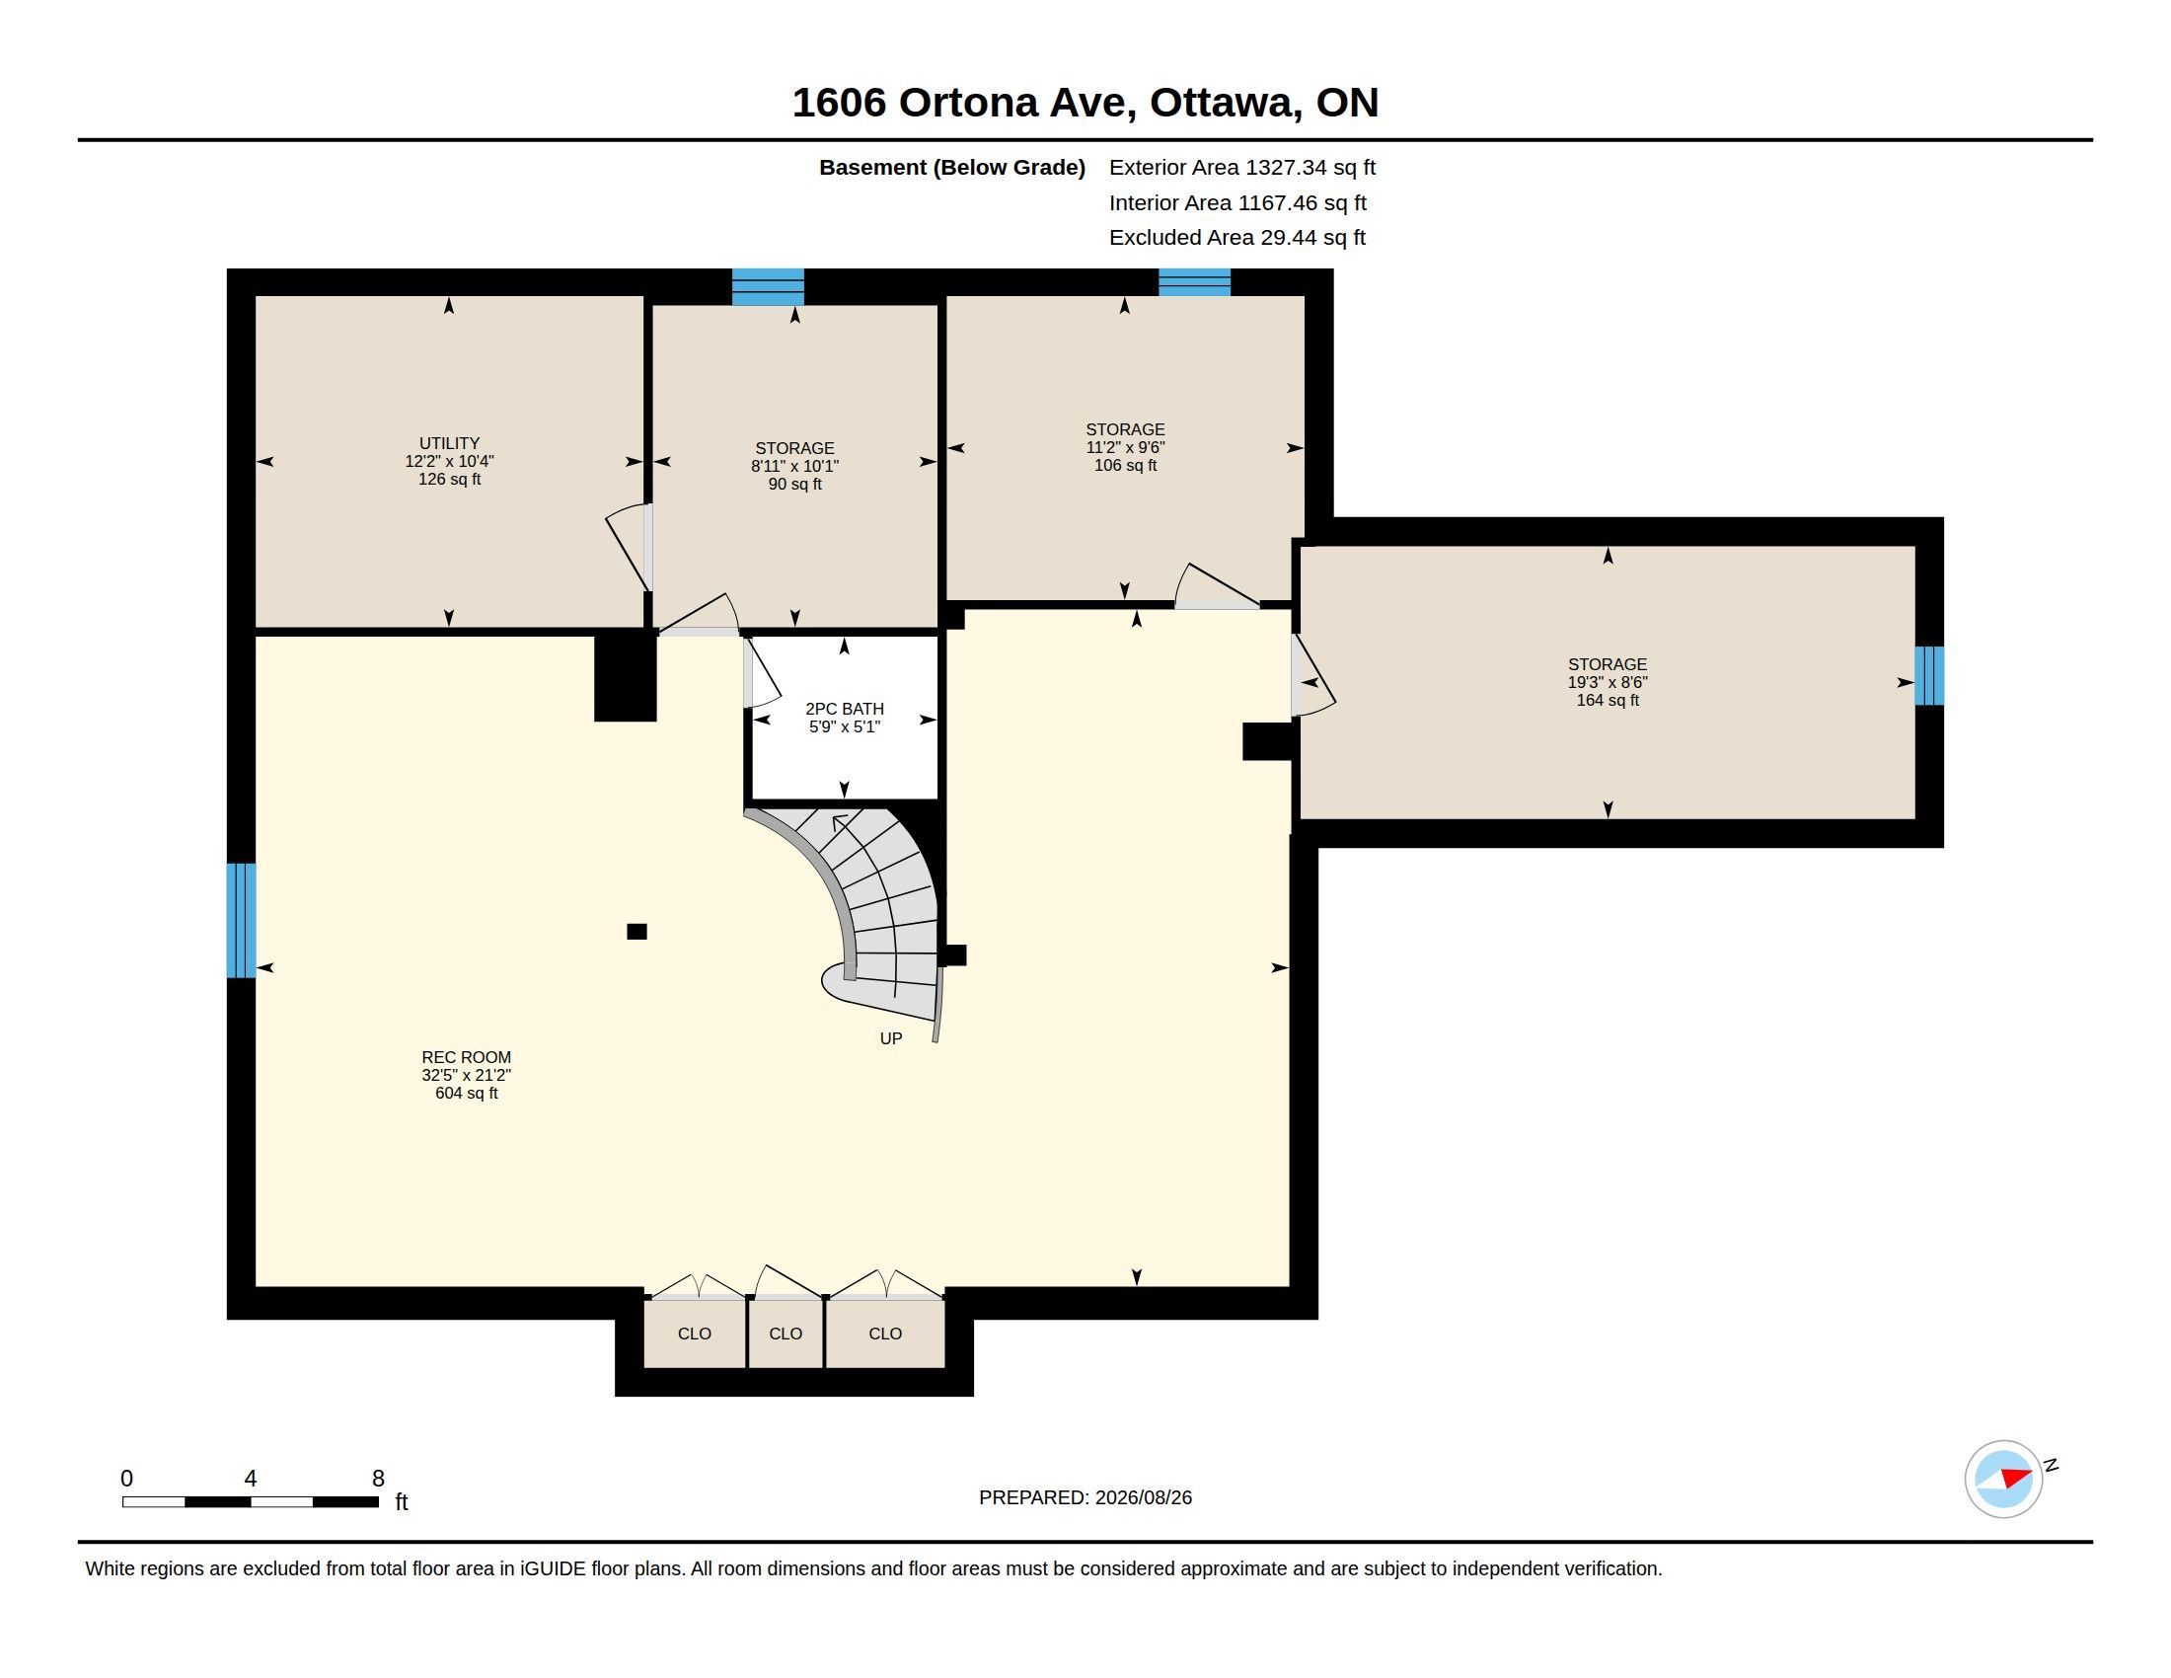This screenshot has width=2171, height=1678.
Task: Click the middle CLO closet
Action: (x=786, y=1334)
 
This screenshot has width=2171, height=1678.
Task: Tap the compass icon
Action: (x=2004, y=1479)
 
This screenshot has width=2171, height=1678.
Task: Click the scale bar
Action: (x=251, y=1501)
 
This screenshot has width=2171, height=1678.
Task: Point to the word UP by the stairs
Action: (x=891, y=1038)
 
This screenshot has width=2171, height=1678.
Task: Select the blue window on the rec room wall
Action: (x=242, y=921)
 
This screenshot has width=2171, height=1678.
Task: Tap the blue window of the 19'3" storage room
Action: (x=1929, y=676)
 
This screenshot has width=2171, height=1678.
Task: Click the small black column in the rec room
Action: (x=637, y=932)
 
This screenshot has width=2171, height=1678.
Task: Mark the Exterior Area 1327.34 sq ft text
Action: (x=1242, y=167)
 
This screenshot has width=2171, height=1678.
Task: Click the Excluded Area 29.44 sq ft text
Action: (x=1237, y=238)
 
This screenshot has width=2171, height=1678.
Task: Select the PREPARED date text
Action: (x=1085, y=1497)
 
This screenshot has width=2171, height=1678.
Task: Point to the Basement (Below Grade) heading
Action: (x=952, y=168)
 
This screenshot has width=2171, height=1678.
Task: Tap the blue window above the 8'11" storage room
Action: (x=769, y=286)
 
